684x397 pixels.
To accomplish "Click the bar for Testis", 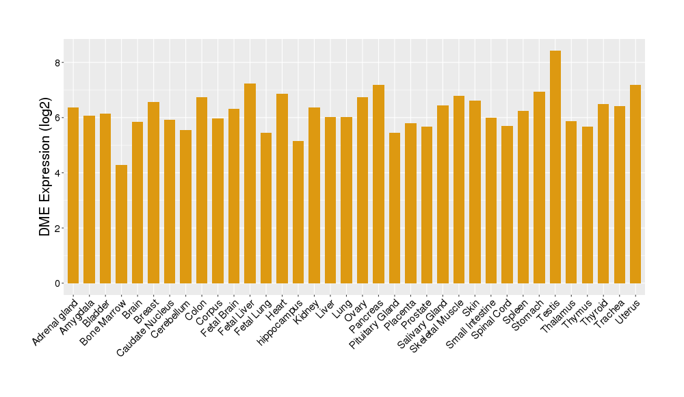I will pos(555,167).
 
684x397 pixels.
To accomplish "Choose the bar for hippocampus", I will pos(298,212).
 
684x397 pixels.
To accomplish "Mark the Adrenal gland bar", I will pos(73,195).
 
